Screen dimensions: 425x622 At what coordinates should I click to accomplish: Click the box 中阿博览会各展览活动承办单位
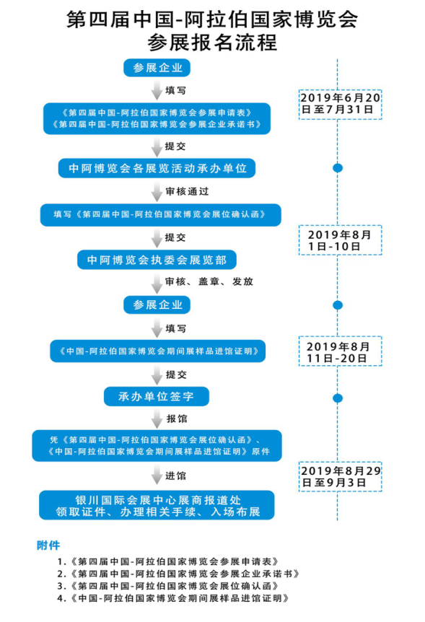(157, 168)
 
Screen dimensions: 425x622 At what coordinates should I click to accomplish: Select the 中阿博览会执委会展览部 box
(157, 260)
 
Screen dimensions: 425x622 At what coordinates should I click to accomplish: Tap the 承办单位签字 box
(157, 396)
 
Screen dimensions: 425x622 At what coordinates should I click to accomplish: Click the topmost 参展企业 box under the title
(157, 67)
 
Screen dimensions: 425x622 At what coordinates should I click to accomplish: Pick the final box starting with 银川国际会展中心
(157, 505)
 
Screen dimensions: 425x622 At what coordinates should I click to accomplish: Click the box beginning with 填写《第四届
(161, 214)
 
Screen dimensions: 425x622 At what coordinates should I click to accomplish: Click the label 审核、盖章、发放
(209, 281)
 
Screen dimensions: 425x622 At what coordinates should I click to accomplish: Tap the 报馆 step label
(177, 419)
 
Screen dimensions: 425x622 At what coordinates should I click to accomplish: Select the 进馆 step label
(176, 476)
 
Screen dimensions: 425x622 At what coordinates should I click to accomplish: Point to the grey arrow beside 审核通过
(157, 192)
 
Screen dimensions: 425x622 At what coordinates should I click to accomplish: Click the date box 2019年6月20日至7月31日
(340, 105)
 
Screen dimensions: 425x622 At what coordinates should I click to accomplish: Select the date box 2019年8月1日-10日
(340, 240)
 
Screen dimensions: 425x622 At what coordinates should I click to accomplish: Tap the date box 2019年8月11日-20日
(340, 351)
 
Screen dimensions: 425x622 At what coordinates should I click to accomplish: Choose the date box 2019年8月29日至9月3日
(340, 477)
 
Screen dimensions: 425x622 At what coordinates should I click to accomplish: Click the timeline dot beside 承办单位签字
(338, 398)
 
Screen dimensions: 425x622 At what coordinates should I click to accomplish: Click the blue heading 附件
(48, 546)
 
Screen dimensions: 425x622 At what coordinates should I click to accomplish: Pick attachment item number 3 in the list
(168, 586)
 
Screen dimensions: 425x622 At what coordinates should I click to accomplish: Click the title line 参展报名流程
(212, 43)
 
